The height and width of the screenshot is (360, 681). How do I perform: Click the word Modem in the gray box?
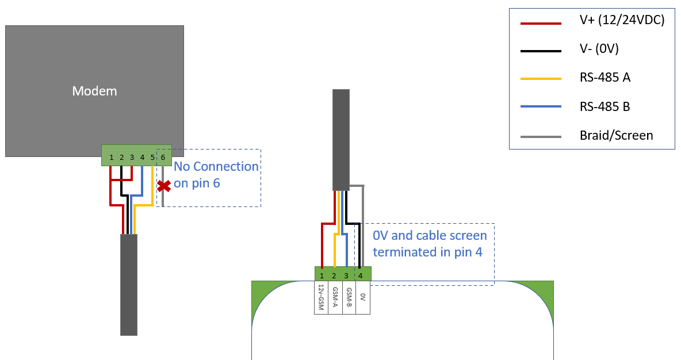[x=94, y=91]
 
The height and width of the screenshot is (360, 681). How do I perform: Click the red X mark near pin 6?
[x=164, y=186]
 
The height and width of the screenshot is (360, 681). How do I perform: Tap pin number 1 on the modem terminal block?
[x=111, y=157]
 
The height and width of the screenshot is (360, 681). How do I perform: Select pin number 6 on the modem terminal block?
[x=163, y=157]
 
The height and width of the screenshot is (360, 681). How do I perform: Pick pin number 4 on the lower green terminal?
[x=361, y=276]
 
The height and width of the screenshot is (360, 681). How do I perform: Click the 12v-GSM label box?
[x=321, y=298]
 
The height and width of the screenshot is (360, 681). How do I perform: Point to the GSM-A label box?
[x=335, y=298]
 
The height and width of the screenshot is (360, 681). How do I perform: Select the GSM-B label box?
[x=349, y=298]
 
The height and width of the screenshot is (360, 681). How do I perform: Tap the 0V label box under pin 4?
[x=362, y=298]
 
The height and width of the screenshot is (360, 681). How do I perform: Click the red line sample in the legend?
[x=540, y=24]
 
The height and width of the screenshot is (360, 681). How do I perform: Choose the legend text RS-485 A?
[x=605, y=77]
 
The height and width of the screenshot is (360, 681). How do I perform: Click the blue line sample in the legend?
[x=540, y=106]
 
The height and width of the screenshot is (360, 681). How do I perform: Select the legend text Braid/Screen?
[x=616, y=136]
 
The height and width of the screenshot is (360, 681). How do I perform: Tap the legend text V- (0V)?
[x=599, y=49]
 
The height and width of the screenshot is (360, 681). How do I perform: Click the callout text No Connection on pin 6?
[x=216, y=174]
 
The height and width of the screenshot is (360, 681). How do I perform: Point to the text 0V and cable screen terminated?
[x=429, y=243]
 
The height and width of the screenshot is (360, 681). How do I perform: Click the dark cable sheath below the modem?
[x=129, y=285]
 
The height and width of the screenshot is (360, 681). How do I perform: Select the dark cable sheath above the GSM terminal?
[x=341, y=140]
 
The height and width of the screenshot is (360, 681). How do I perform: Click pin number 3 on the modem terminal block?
[x=132, y=157]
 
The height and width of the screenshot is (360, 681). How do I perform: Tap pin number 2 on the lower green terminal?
[x=334, y=276]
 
